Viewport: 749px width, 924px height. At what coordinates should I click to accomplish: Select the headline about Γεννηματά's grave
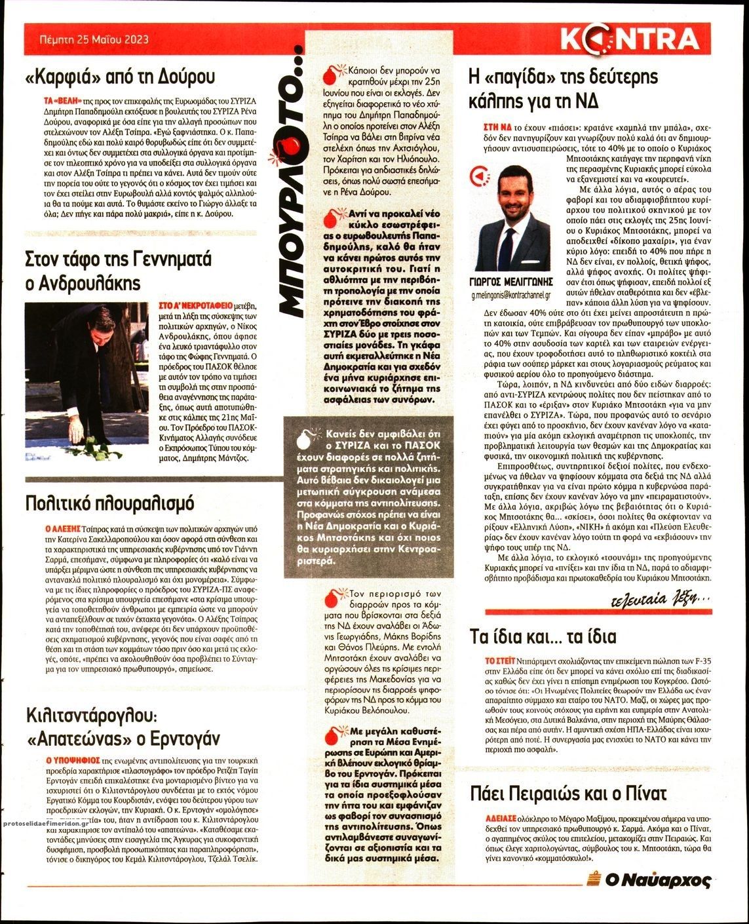(118, 271)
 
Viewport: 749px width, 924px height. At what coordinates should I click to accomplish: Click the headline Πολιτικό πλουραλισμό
(109, 503)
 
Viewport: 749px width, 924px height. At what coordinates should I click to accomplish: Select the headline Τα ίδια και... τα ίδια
(543, 636)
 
